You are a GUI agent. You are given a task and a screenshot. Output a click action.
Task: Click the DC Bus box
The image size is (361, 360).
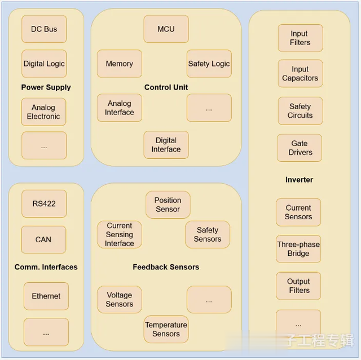(x=44, y=29)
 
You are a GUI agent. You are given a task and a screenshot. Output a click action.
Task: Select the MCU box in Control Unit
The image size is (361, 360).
(x=166, y=29)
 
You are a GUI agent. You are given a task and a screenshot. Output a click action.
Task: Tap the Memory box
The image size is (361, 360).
(x=119, y=64)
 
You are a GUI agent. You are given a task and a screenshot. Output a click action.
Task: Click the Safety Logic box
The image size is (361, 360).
(x=209, y=64)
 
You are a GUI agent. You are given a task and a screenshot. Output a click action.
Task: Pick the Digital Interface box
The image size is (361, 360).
(x=166, y=145)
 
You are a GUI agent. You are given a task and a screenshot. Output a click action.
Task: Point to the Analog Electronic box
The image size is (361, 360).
(x=43, y=112)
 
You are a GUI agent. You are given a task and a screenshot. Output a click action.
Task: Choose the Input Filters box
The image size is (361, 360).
(x=300, y=38)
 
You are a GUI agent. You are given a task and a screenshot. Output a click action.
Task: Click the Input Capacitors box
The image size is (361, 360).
(x=300, y=74)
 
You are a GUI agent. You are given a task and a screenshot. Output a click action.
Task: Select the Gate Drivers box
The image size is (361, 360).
(x=300, y=148)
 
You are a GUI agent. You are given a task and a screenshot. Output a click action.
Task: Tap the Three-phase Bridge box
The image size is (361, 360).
(x=298, y=249)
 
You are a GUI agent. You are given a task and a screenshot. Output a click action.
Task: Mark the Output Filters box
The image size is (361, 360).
(x=298, y=286)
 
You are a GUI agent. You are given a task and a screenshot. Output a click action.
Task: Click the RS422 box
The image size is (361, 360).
(x=43, y=204)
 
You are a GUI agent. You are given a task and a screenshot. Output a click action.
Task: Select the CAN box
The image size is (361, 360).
(x=43, y=239)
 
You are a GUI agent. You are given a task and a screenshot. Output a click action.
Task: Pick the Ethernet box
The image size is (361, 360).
(x=46, y=296)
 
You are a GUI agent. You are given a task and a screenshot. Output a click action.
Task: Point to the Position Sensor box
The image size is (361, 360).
(x=168, y=205)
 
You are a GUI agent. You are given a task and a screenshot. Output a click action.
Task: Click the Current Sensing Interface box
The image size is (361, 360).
(x=119, y=234)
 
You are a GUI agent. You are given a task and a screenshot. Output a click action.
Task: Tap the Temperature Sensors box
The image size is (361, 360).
(x=166, y=330)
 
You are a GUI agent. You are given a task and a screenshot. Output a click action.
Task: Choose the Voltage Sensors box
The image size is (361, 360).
(x=119, y=300)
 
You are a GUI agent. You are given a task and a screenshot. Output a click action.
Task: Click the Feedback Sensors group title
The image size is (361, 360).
(x=166, y=267)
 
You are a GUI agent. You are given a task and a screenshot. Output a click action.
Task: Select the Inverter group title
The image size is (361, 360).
(x=299, y=180)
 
